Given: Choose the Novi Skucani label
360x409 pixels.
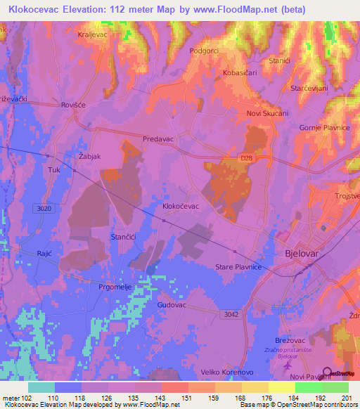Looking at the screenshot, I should [x=267, y=113].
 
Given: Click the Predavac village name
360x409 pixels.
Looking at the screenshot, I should [x=158, y=140].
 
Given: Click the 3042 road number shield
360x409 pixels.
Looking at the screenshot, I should [x=229, y=314].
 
